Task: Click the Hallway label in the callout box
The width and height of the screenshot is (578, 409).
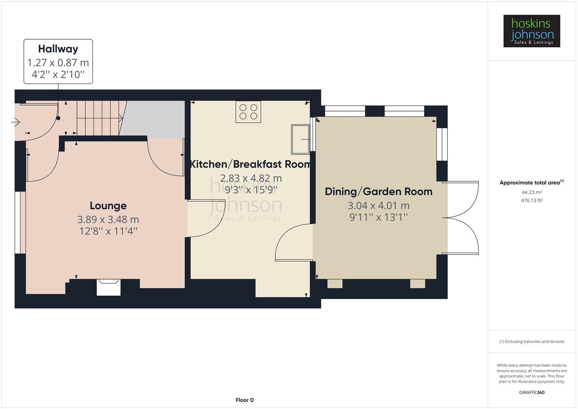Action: [58, 49]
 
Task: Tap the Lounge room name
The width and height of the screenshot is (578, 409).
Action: [108, 206]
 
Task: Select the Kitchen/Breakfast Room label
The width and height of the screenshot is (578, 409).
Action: [250, 164]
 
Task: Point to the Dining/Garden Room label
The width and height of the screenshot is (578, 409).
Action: [379, 191]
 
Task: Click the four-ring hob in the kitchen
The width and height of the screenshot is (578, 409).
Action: [248, 112]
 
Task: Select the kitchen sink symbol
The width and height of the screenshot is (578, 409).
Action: [300, 139]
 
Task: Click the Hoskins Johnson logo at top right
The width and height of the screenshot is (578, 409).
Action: [531, 31]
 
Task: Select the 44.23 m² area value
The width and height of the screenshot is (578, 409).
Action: [531, 192]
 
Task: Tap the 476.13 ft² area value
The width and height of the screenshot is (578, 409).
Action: [531, 200]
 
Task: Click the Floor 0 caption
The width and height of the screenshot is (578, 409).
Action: [245, 400]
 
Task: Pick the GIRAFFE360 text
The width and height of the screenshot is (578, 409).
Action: [531, 392]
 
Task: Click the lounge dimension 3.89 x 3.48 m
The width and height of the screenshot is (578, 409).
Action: [108, 219]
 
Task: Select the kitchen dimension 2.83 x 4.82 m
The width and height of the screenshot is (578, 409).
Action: [251, 178]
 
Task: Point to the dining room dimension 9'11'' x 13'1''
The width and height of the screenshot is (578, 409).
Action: [379, 217]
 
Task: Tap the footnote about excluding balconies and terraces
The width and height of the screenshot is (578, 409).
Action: [531, 342]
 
